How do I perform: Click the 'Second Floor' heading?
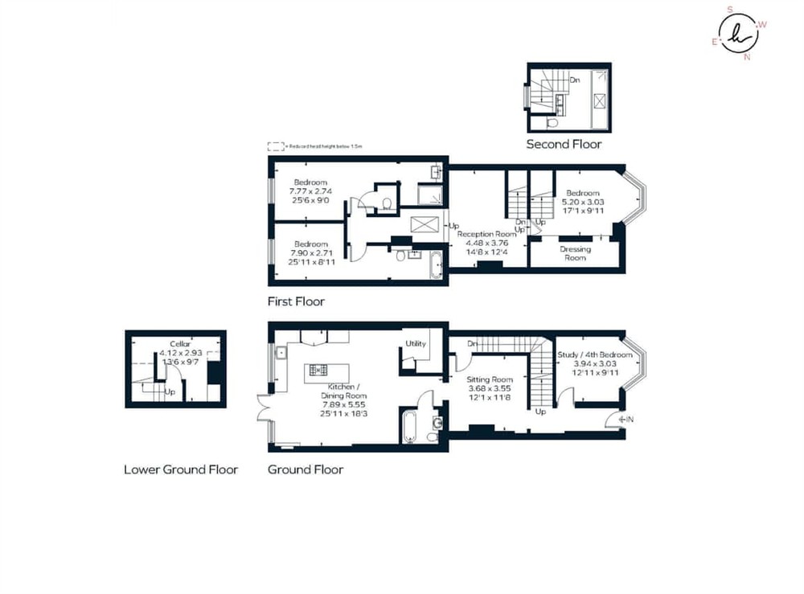pyautogui.click(x=564, y=145)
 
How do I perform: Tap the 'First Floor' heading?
pyautogui.click(x=296, y=302)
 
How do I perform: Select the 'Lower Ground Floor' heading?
pyautogui.click(x=181, y=469)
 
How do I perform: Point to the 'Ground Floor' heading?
pyautogui.click(x=306, y=469)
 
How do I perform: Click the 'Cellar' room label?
pyautogui.click(x=180, y=344)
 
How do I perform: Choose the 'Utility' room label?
pyautogui.click(x=416, y=344)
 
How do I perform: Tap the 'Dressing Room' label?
pyautogui.click(x=575, y=253)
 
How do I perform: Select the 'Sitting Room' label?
pyautogui.click(x=490, y=379)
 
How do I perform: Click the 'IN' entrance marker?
pyautogui.click(x=628, y=418)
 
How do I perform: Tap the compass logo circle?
pyautogui.click(x=739, y=33)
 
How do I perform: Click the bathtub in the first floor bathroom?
pyautogui.click(x=437, y=264)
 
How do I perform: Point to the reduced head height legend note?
pyautogui.click(x=316, y=147)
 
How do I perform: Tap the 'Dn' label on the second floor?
pyautogui.click(x=574, y=80)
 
